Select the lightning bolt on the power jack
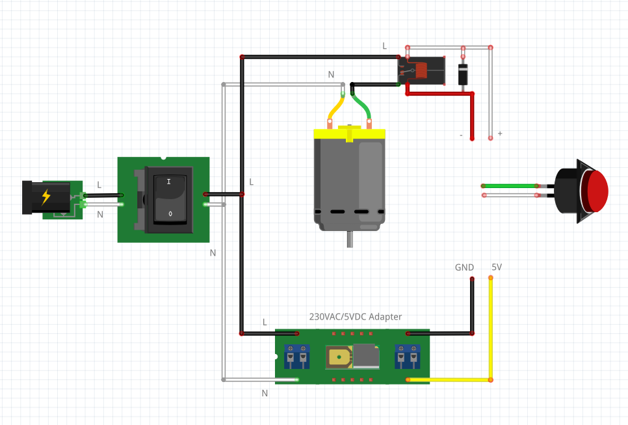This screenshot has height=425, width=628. click(46, 197)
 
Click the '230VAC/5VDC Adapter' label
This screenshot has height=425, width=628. click(355, 317)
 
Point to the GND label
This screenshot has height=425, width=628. click(464, 267)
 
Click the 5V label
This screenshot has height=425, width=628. click(497, 267)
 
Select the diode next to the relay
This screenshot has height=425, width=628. click(463, 74)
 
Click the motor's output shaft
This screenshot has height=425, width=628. click(350, 239)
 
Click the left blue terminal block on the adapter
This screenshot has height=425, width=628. click(296, 357)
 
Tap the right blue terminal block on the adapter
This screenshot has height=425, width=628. click(408, 357)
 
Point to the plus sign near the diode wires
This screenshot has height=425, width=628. click(500, 133)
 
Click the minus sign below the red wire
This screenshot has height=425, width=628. click(461, 135)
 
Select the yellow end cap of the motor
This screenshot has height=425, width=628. click(350, 133)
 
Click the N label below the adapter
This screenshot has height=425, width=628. click(265, 393)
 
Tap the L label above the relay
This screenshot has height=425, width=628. click(384, 46)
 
